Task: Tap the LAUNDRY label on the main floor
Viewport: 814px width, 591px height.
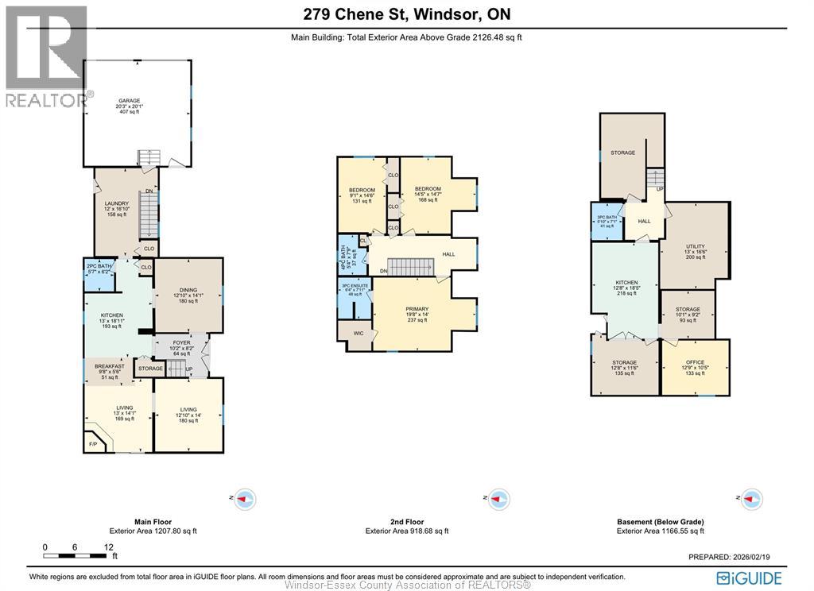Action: pyautogui.click(x=117, y=203)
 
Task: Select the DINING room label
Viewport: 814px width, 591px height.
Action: pyautogui.click(x=188, y=290)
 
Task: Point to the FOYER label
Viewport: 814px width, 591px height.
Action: pyautogui.click(x=181, y=342)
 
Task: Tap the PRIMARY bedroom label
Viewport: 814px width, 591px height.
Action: pyautogui.click(x=417, y=309)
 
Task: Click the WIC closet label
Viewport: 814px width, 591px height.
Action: pyautogui.click(x=359, y=334)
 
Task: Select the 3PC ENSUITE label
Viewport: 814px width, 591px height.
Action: pyautogui.click(x=354, y=285)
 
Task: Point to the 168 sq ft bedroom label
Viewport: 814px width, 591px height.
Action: pyautogui.click(x=428, y=188)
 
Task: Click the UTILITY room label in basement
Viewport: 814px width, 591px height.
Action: pyautogui.click(x=696, y=246)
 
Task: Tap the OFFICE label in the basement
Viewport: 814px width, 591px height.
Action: pyautogui.click(x=695, y=362)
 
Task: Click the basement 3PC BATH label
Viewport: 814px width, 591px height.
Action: pyautogui.click(x=607, y=217)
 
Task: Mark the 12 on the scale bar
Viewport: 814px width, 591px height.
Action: pyautogui.click(x=109, y=547)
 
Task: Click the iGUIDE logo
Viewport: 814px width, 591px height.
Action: pyautogui.click(x=750, y=577)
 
